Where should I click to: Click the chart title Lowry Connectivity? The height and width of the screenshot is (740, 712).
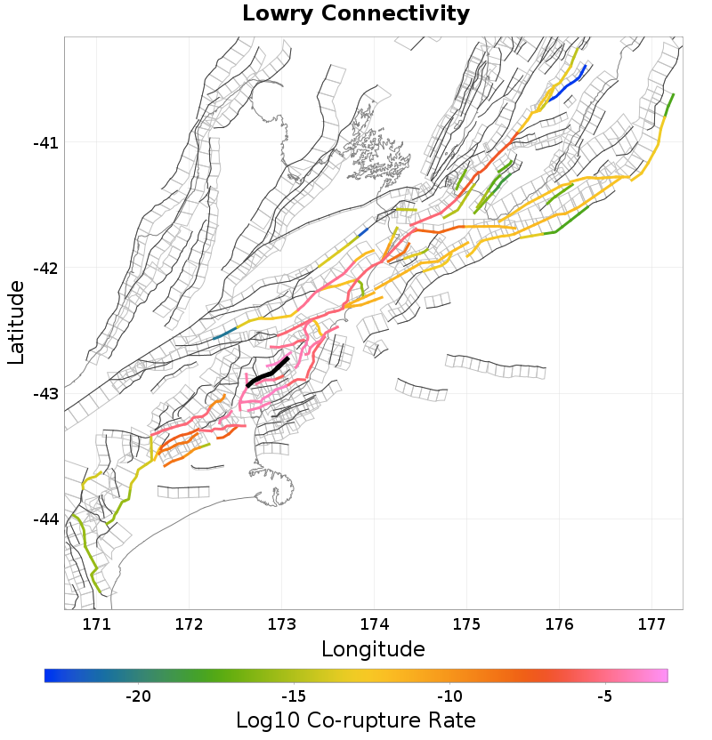click(x=356, y=14)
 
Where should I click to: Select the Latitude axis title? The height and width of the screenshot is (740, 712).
click(x=16, y=322)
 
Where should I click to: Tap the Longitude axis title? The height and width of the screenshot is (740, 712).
click(x=373, y=648)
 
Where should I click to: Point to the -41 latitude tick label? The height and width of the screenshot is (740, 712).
click(x=44, y=143)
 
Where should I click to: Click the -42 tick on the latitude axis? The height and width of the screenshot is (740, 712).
click(x=44, y=269)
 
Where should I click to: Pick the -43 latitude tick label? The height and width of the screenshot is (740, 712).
click(x=44, y=394)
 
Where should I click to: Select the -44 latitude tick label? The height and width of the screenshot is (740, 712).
click(x=44, y=519)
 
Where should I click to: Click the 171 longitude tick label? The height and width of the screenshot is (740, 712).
click(x=96, y=623)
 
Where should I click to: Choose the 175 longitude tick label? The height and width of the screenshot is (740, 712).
click(x=466, y=623)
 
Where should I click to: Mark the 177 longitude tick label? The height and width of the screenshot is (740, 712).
click(x=651, y=623)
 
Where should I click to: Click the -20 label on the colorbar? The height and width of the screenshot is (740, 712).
click(x=138, y=696)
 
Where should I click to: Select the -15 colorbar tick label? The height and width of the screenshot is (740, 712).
click(x=294, y=696)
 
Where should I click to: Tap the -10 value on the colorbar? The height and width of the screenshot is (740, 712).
click(x=449, y=696)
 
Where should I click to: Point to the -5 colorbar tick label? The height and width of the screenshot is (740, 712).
click(x=605, y=696)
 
